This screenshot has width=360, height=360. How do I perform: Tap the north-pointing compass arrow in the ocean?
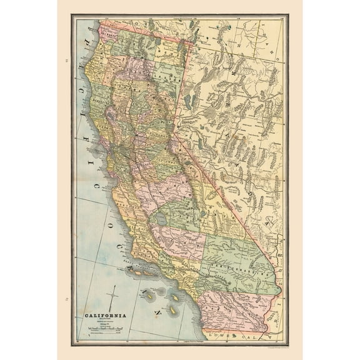point(113,297)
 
